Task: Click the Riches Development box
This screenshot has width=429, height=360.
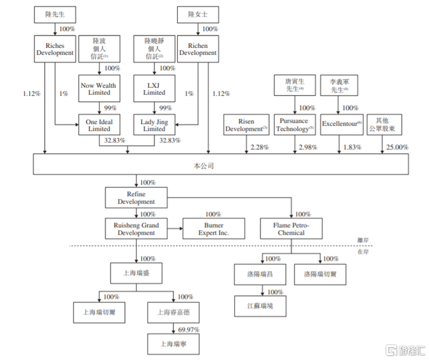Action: [55, 49]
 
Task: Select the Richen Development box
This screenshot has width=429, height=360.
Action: [198, 49]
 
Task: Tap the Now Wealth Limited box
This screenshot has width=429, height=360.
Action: [99, 88]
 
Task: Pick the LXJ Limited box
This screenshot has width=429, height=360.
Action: [154, 88]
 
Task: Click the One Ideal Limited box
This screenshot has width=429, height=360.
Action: [99, 125]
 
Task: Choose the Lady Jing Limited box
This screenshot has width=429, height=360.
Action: [154, 125]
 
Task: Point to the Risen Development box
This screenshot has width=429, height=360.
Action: [246, 125]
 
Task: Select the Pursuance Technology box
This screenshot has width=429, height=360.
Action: [295, 125]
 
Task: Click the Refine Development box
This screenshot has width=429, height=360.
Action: [136, 197]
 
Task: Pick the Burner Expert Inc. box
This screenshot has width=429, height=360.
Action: [214, 229]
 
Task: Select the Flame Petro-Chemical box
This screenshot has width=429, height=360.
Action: [291, 229]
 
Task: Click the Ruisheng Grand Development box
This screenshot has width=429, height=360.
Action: [136, 229]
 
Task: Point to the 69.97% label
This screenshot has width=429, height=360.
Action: [189, 329]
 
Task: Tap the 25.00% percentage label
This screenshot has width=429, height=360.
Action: [397, 147]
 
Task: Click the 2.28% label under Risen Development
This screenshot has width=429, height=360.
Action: [259, 147]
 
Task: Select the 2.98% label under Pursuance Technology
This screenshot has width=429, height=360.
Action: [308, 147]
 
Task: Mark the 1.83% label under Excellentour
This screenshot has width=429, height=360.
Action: [352, 147]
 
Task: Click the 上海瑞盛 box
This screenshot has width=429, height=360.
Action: [136, 273]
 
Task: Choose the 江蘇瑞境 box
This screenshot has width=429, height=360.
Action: [260, 306]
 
